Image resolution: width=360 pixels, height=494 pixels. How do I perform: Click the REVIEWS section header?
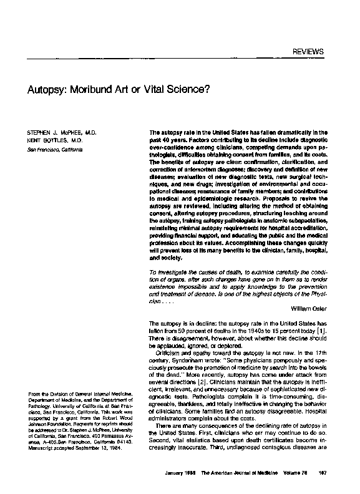click(x=309, y=51)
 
